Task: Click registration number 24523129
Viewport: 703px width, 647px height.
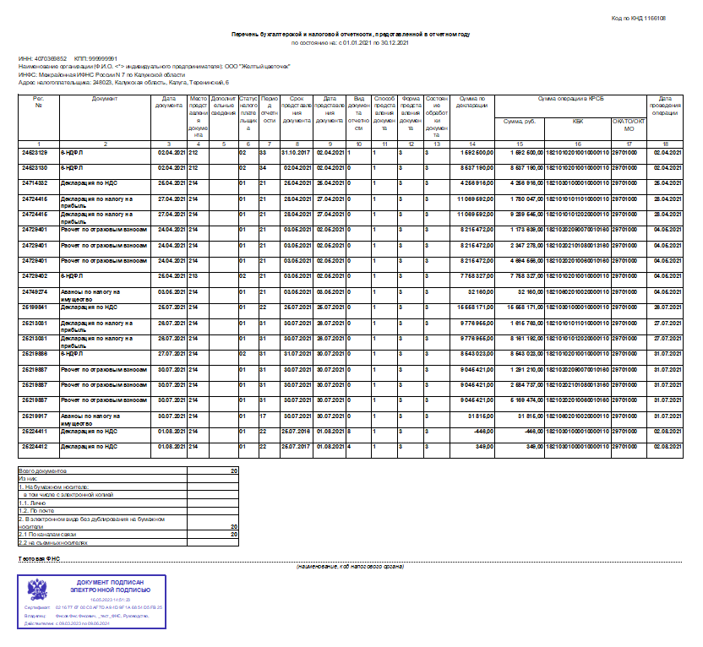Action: click(x=35, y=152)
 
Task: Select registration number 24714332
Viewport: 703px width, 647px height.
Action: click(x=35, y=182)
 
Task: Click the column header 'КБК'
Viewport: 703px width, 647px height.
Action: click(x=577, y=121)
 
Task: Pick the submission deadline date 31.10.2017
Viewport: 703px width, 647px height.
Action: click(x=297, y=152)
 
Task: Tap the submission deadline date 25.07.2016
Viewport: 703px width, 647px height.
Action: click(x=297, y=430)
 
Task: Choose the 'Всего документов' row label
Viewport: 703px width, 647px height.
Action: click(x=43, y=470)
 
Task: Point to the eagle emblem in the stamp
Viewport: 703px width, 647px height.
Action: click(x=37, y=590)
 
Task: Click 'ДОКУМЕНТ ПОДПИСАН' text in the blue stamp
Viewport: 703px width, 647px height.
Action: click(x=105, y=584)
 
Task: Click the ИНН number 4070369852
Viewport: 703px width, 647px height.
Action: click(x=46, y=58)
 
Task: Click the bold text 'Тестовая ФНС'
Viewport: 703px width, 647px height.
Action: click(x=40, y=559)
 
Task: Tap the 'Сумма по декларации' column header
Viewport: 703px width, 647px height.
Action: click(x=471, y=101)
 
